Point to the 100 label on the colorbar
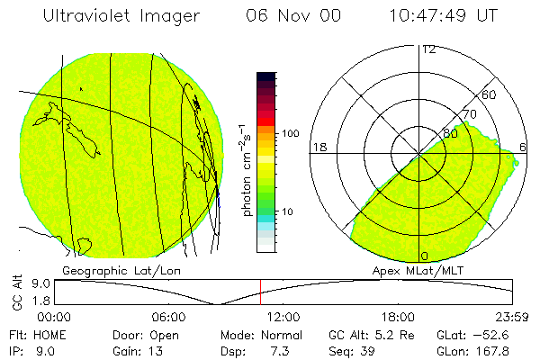291,133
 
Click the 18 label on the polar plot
318,147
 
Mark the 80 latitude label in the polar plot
450,133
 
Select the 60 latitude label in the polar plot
490,94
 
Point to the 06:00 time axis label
168,317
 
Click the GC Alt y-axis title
15,292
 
